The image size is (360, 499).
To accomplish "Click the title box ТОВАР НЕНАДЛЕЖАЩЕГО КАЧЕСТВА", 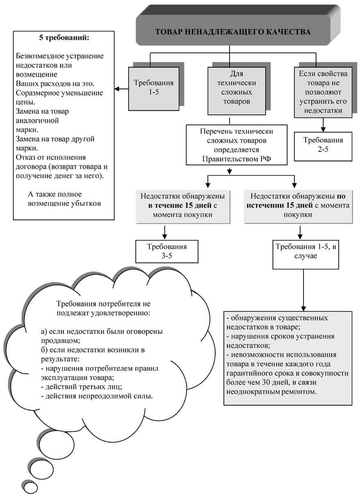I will pyautogui.click(x=233, y=32).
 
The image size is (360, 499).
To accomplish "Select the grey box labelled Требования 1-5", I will pyautogui.click(x=153, y=88).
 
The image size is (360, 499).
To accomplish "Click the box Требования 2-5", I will pyautogui.click(x=323, y=145).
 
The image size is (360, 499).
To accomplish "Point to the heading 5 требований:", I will pyautogui.click(x=63, y=38).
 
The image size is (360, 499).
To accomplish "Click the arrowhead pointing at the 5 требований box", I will pyautogui.click(x=117, y=88).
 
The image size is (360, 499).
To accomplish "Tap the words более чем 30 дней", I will pyautogui.click(x=254, y=382).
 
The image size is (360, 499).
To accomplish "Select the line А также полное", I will pyautogui.click(x=56, y=194).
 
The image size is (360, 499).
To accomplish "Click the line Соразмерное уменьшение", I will pyautogui.click(x=59, y=93).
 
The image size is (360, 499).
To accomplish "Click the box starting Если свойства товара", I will pyautogui.click(x=323, y=92).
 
